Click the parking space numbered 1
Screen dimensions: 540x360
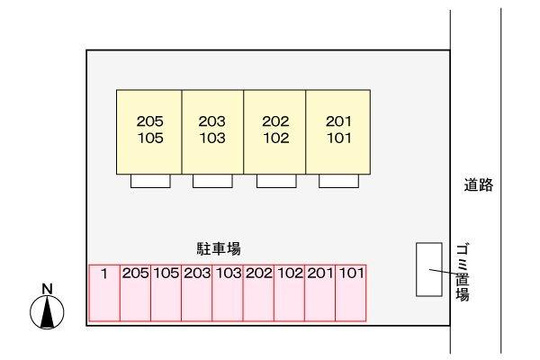pos(104,292)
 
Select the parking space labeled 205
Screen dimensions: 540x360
pos(135,292)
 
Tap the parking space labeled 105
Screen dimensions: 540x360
pos(166,292)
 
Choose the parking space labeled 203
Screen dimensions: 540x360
pos(196,292)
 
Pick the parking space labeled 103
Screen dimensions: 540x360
pos(228,292)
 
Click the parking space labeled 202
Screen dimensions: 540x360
pos(258,292)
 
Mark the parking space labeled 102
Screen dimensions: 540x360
pos(289,292)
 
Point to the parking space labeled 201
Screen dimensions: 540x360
pos(319,292)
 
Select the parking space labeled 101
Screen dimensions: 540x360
pos(351,292)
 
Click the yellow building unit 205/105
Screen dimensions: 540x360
pos(149,132)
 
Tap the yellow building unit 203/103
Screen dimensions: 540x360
pos(212,132)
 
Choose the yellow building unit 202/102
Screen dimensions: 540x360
pos(274,132)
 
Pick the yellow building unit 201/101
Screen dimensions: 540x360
pos(338,132)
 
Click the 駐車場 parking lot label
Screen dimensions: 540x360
pos(219,248)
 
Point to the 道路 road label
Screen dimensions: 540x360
pos(479,185)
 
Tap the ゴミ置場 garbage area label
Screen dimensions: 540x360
pos(463,272)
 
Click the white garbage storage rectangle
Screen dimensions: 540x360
pos(429,269)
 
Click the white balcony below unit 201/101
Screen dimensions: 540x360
pos(338,181)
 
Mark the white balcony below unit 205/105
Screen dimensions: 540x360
pos(150,181)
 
